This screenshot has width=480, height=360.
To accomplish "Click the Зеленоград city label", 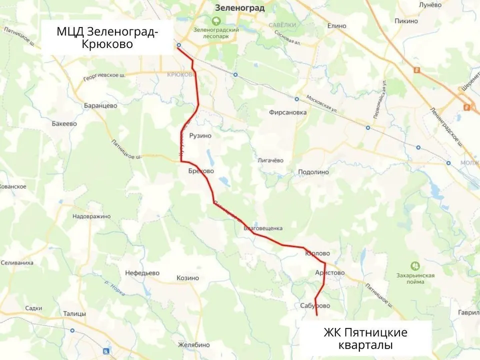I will click(x=239, y=8).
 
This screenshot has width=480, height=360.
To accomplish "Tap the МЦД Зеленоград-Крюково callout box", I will click(x=107, y=38).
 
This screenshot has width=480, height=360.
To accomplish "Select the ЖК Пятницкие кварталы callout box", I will click(x=365, y=338).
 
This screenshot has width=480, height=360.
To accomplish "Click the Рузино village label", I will click(x=200, y=135).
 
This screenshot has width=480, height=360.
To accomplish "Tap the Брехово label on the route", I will click(x=201, y=171).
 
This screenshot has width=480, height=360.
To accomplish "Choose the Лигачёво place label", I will click(x=270, y=160).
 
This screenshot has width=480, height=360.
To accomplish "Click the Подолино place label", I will click(x=313, y=171).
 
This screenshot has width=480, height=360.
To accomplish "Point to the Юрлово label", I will click(x=317, y=254).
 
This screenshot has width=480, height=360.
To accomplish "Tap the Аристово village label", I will click(x=330, y=272).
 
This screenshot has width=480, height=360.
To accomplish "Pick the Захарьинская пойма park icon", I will click(x=414, y=266).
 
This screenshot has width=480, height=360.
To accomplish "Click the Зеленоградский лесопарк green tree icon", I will click(x=216, y=21).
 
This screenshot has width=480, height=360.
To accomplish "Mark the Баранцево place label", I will click(x=100, y=105).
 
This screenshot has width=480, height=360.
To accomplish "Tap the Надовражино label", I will click(x=91, y=216).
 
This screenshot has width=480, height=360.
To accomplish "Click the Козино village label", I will click(x=188, y=278).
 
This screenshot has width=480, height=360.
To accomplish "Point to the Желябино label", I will click(x=194, y=345).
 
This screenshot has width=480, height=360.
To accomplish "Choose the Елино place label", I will click(x=336, y=24).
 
